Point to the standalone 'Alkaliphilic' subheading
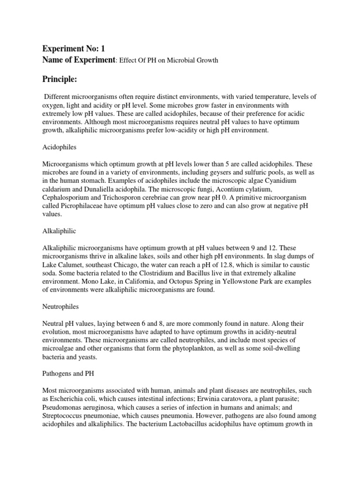tap(60, 232)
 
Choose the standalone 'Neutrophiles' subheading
tap(61, 307)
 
